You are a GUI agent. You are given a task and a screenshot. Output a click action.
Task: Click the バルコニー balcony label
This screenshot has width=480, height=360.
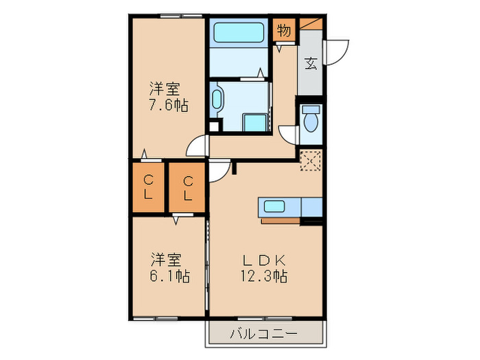click(x=263, y=335)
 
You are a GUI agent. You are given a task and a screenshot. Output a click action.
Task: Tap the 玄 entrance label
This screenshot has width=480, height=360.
click(x=310, y=64)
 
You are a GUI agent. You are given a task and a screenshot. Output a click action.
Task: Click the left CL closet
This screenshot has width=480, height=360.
click(x=147, y=187)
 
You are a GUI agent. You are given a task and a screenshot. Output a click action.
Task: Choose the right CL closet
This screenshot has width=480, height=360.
click(x=187, y=187)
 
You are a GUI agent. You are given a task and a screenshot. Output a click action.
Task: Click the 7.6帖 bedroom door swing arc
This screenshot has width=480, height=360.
click(x=198, y=145)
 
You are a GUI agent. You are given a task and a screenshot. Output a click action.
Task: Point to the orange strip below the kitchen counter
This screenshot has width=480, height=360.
click(x=280, y=221)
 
